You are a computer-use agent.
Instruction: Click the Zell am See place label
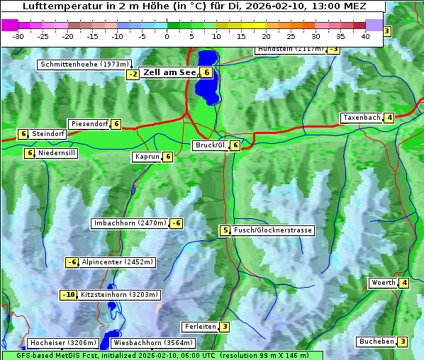(x=169, y=72)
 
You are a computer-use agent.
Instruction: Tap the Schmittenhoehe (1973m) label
(x=85, y=64)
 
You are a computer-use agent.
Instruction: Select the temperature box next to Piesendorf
(x=116, y=124)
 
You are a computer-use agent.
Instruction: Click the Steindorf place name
(x=48, y=134)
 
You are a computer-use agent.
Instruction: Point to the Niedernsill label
(x=57, y=152)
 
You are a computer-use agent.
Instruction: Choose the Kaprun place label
(x=147, y=157)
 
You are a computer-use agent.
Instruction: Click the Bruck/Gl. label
(x=211, y=145)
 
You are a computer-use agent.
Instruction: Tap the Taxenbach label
(x=362, y=118)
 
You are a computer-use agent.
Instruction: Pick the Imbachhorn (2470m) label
(x=130, y=223)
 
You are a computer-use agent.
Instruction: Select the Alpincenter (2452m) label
(x=118, y=262)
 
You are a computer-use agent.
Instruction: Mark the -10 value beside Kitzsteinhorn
(x=68, y=295)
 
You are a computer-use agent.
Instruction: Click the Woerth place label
(x=383, y=283)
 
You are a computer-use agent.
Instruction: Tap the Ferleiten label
(x=199, y=327)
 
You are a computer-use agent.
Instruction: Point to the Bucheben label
(x=376, y=342)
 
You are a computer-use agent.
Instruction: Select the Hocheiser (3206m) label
(x=58, y=343)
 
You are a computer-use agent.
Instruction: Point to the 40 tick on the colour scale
(x=365, y=35)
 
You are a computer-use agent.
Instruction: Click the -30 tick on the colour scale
(x=18, y=35)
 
